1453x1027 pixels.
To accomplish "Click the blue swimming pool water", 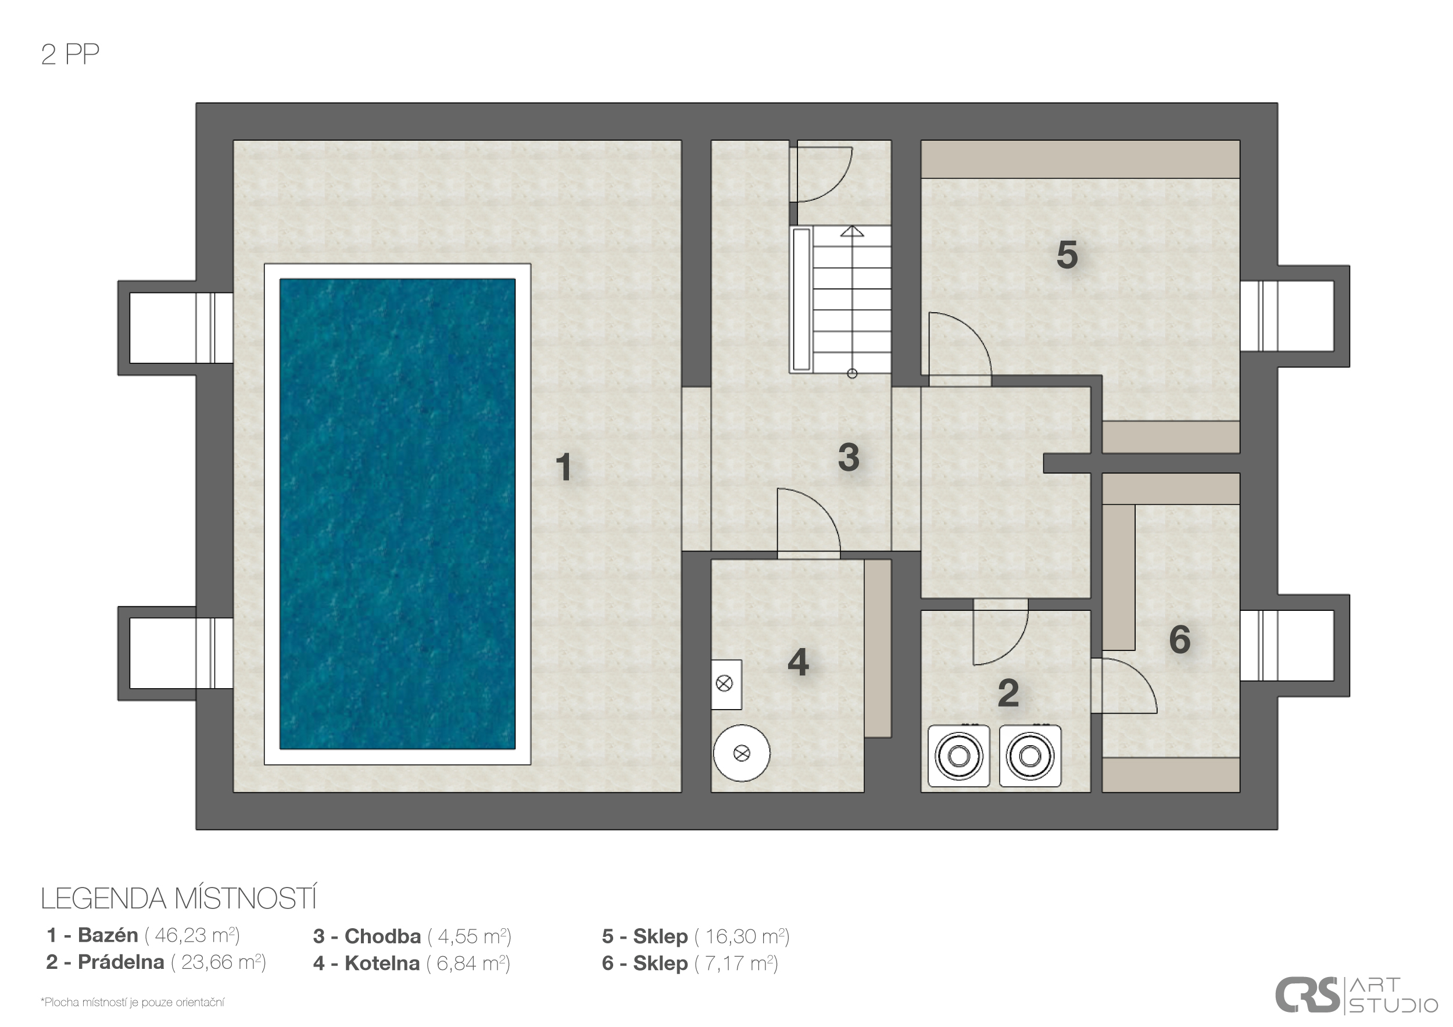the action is (398, 514).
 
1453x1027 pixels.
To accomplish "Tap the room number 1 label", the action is (563, 468).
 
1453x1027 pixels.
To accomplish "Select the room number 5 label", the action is (1067, 255).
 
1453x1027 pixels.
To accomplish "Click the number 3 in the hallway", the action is (849, 457).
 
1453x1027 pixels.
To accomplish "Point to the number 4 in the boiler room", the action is (798, 663).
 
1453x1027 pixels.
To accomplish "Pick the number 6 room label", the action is (1180, 639).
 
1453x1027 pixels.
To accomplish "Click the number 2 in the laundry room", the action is (1008, 693).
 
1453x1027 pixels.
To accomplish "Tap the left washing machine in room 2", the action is (959, 756).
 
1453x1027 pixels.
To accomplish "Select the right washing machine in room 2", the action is (1030, 756).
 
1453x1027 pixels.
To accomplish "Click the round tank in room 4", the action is (742, 753).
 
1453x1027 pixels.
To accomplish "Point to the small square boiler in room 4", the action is (726, 684).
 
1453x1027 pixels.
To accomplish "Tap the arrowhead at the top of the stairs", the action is (853, 231).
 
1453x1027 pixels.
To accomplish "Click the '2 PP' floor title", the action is (70, 55).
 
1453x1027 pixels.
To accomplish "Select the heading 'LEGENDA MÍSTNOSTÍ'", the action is (178, 899).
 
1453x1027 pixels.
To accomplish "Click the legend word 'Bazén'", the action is (108, 935).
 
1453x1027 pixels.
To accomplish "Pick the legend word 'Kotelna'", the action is (382, 963).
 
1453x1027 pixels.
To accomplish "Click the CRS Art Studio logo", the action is (1355, 996).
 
